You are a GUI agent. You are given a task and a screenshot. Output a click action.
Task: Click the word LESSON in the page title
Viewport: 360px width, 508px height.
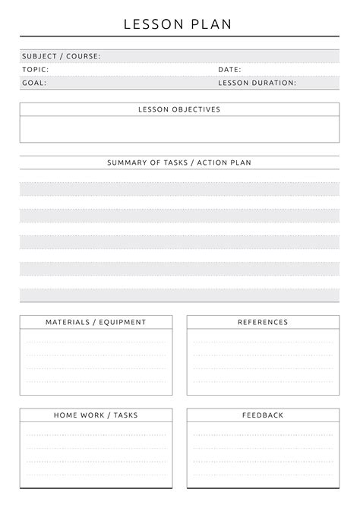(x=152, y=24)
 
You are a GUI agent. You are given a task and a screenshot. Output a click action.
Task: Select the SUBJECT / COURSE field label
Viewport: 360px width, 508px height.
(x=61, y=56)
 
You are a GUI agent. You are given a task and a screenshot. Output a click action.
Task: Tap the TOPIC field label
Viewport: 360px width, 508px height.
(x=36, y=70)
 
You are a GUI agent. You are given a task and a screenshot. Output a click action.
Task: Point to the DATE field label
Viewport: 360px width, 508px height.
(x=229, y=70)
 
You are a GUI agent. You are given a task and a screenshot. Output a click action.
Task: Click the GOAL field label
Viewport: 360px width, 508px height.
(x=34, y=84)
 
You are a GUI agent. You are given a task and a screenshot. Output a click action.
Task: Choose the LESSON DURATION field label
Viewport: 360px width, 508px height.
(x=257, y=84)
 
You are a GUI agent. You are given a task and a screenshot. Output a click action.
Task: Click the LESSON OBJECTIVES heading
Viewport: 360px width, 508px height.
(x=179, y=109)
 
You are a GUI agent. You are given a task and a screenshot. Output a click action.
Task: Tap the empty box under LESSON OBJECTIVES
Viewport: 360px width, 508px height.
(x=179, y=129)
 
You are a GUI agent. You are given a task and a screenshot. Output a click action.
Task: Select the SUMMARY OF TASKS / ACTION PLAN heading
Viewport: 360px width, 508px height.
(x=179, y=162)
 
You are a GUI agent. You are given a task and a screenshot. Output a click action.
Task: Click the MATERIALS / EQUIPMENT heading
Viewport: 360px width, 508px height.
(x=96, y=322)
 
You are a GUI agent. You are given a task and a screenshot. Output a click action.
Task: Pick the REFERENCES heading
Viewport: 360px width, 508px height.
(x=263, y=322)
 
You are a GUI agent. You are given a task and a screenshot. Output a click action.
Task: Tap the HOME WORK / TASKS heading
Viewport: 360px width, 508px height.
(x=96, y=415)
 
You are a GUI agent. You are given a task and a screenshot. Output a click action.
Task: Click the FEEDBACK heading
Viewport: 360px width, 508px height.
(x=263, y=415)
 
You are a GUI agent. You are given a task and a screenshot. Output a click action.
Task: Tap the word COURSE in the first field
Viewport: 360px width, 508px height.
(x=84, y=56)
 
